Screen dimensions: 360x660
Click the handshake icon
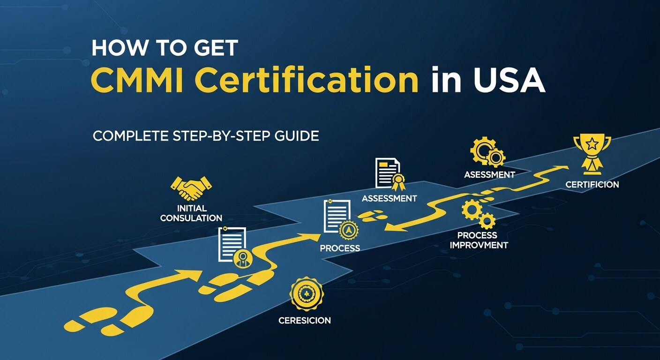191,188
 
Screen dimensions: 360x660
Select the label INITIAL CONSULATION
191,213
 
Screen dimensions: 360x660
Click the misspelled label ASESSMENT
489,175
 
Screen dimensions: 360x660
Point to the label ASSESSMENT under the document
389,198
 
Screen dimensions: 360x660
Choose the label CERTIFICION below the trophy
592,185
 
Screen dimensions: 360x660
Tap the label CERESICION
304,321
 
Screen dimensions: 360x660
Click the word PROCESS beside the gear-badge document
340,248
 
